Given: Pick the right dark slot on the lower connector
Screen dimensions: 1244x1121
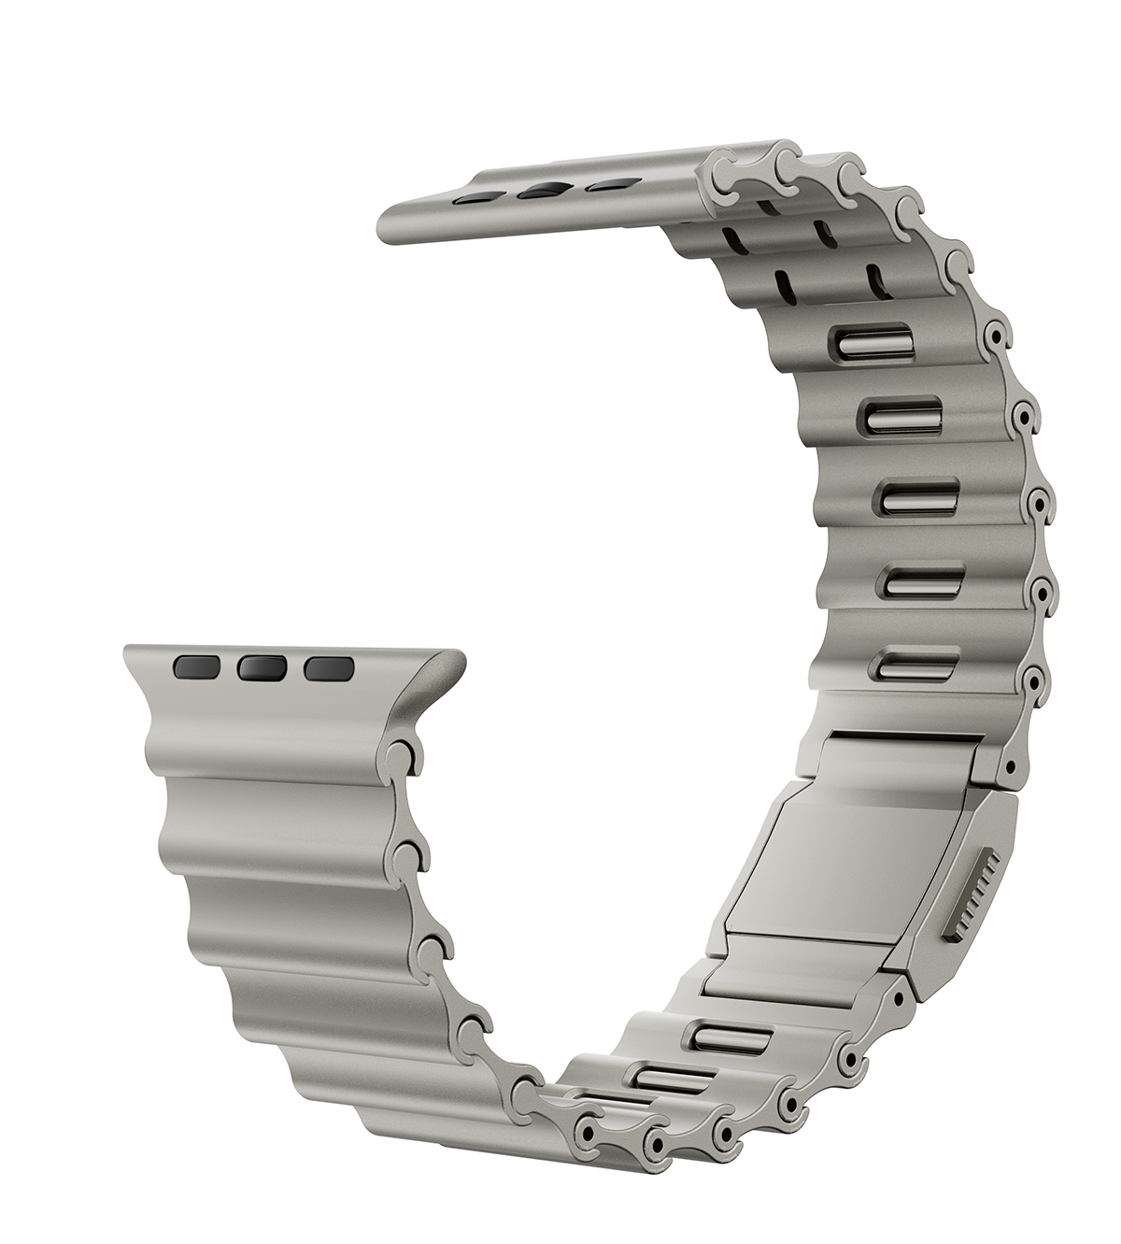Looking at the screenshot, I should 329,668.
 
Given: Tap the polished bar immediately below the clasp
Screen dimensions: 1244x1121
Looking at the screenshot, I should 729,1035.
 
